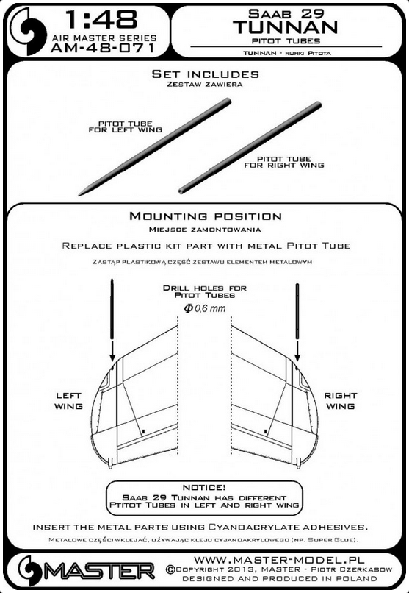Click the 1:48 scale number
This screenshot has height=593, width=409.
coord(101,19)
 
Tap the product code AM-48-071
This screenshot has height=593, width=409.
coord(102,48)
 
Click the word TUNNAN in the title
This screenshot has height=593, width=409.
coord(285,27)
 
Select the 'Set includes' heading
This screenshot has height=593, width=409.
coord(206,74)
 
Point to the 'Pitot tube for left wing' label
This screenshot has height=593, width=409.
coord(126,127)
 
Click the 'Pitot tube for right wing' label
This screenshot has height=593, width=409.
coord(283,162)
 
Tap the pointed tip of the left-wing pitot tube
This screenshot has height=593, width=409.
coord(79,194)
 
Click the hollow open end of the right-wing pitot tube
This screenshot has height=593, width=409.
coord(181,191)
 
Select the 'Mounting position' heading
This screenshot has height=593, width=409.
coord(206,216)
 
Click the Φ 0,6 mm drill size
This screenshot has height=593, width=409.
coord(205,308)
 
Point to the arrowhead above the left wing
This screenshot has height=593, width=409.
coord(112,357)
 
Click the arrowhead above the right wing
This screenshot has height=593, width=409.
coord(297,357)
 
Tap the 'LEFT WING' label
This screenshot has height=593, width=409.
coord(68,401)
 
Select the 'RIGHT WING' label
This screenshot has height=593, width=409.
coord(340,401)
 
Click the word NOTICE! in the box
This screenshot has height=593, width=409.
coord(204,488)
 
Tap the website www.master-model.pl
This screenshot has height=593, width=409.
coord(279,560)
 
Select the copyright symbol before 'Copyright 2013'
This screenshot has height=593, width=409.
coord(170,569)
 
